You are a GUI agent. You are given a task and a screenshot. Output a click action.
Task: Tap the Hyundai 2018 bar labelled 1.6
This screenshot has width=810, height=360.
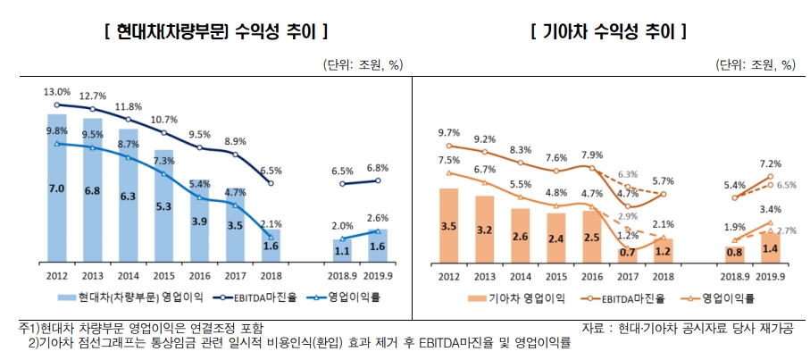tap(271, 247)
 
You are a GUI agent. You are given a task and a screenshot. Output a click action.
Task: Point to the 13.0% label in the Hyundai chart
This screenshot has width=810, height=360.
tap(56, 92)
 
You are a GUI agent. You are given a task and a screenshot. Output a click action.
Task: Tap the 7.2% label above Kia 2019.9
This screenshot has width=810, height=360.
tap(771, 164)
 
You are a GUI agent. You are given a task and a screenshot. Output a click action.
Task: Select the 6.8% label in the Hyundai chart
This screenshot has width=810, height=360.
tap(378, 168)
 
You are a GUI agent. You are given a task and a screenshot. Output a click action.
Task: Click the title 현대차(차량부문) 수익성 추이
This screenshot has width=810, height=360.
tap(215, 33)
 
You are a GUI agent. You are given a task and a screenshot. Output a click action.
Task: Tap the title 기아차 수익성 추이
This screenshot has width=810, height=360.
tap(608, 33)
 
